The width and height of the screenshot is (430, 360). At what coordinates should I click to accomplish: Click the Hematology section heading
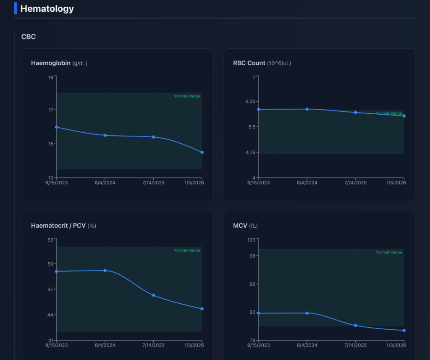(47, 8)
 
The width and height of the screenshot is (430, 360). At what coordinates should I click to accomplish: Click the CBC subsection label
(29, 37)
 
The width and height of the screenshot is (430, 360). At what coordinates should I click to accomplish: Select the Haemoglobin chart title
(50, 63)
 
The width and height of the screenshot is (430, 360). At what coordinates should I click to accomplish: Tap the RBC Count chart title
(249, 63)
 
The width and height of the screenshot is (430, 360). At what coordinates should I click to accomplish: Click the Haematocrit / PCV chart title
(58, 226)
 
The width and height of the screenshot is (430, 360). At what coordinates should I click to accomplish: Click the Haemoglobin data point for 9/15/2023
(57, 127)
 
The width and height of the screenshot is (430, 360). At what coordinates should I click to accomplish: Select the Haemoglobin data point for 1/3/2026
(202, 152)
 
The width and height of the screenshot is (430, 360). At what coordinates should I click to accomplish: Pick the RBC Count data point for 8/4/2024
(307, 109)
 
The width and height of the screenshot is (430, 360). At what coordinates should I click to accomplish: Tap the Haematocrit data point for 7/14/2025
(154, 295)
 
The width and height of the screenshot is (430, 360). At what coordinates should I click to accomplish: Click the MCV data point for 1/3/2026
(404, 330)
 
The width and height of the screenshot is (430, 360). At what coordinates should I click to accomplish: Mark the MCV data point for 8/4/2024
(307, 313)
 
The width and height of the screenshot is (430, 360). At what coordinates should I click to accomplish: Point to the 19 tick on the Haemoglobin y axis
(51, 77)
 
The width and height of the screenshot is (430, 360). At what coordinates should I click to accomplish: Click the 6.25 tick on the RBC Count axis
(250, 102)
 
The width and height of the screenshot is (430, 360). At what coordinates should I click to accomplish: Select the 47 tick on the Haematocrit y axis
(51, 289)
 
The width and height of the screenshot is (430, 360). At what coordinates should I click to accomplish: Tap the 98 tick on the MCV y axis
(252, 256)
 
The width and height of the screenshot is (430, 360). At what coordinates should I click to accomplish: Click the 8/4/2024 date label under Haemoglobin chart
(105, 183)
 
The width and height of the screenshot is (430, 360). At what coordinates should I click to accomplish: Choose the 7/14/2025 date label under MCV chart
(356, 345)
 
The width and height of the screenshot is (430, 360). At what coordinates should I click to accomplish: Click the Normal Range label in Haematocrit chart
(186, 250)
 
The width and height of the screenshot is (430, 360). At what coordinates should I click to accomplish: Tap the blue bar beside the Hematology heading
(16, 8)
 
